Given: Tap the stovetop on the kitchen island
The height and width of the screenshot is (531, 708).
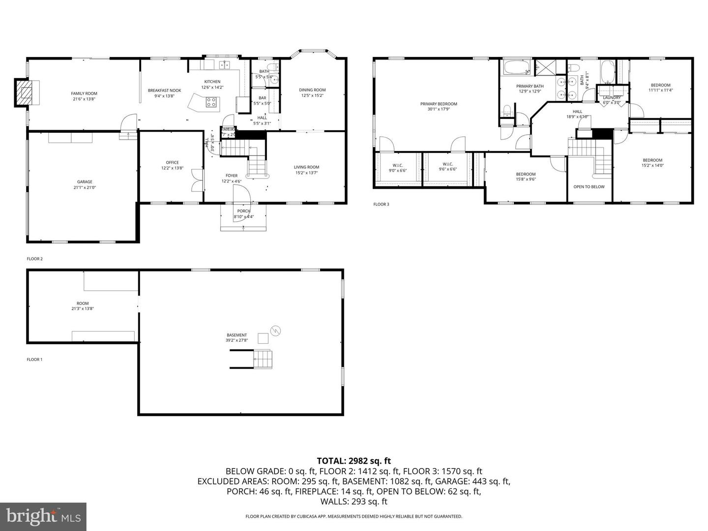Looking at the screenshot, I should coord(211,102).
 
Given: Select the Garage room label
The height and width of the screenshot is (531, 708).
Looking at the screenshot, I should coord(85,182).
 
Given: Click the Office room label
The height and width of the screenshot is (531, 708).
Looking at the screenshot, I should coord(172,163).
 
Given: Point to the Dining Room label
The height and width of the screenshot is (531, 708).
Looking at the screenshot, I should coord(312,90).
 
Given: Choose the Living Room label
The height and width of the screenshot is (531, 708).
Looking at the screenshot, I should coord(306,167).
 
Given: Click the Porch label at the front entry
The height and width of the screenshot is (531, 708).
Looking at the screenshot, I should coord(243,211).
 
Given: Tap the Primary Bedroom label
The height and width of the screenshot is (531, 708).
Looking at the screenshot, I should coord(439,104).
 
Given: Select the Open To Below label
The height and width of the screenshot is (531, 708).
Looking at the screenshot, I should coord(589,187).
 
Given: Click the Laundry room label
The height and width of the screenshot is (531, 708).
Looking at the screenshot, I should coord(612,97).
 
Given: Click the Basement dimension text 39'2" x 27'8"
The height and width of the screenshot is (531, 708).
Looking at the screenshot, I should coord(237,340).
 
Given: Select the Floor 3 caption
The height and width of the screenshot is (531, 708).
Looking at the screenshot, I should coord(381,204).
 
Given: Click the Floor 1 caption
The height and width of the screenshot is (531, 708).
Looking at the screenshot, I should coord(34,359).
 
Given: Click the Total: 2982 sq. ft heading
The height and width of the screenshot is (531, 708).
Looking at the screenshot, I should coord(354,461).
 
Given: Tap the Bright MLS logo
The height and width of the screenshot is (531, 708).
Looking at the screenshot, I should coord(43,516).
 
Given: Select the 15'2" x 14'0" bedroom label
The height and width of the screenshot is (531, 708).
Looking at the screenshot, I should coord(652,166).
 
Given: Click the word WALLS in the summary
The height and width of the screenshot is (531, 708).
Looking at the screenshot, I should coord(333,501).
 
